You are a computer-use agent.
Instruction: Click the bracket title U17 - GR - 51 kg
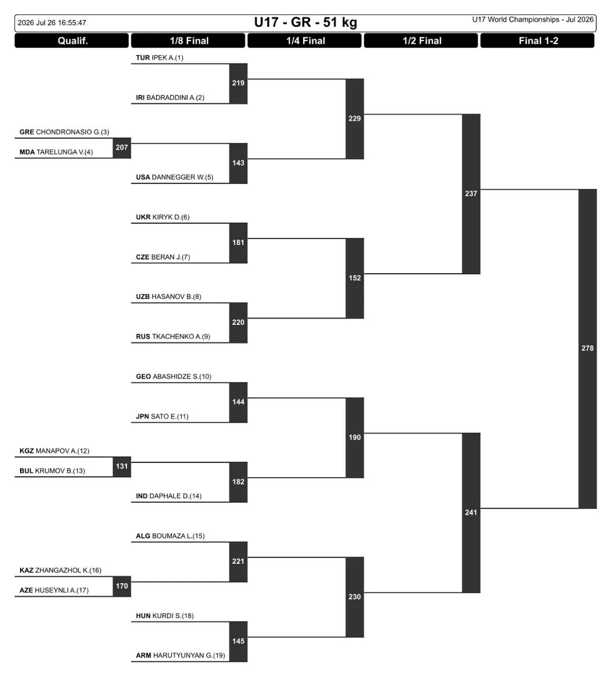pos(305,23)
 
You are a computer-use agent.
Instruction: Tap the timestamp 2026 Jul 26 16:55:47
pos(52,23)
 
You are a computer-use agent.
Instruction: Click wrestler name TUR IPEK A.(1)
pos(160,57)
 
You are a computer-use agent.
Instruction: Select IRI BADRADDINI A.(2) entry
pos(170,98)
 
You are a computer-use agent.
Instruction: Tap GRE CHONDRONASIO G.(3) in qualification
pos(64,132)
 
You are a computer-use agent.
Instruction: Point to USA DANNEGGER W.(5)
pos(174,177)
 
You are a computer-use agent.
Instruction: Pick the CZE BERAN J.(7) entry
pos(163,257)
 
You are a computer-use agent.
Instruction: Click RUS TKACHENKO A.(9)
pos(173,336)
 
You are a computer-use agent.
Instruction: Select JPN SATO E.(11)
pos(162,417)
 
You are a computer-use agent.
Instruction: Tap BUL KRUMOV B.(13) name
pos(52,471)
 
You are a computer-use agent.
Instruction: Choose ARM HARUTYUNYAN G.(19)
pos(180,655)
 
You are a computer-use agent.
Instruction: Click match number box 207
pos(122,148)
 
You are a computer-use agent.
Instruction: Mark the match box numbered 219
pos(238,83)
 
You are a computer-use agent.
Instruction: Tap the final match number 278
pos(587,349)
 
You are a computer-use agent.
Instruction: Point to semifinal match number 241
pos(471,513)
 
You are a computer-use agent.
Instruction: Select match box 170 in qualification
pos(122,586)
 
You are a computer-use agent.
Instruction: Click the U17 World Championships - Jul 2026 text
pos(532,20)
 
